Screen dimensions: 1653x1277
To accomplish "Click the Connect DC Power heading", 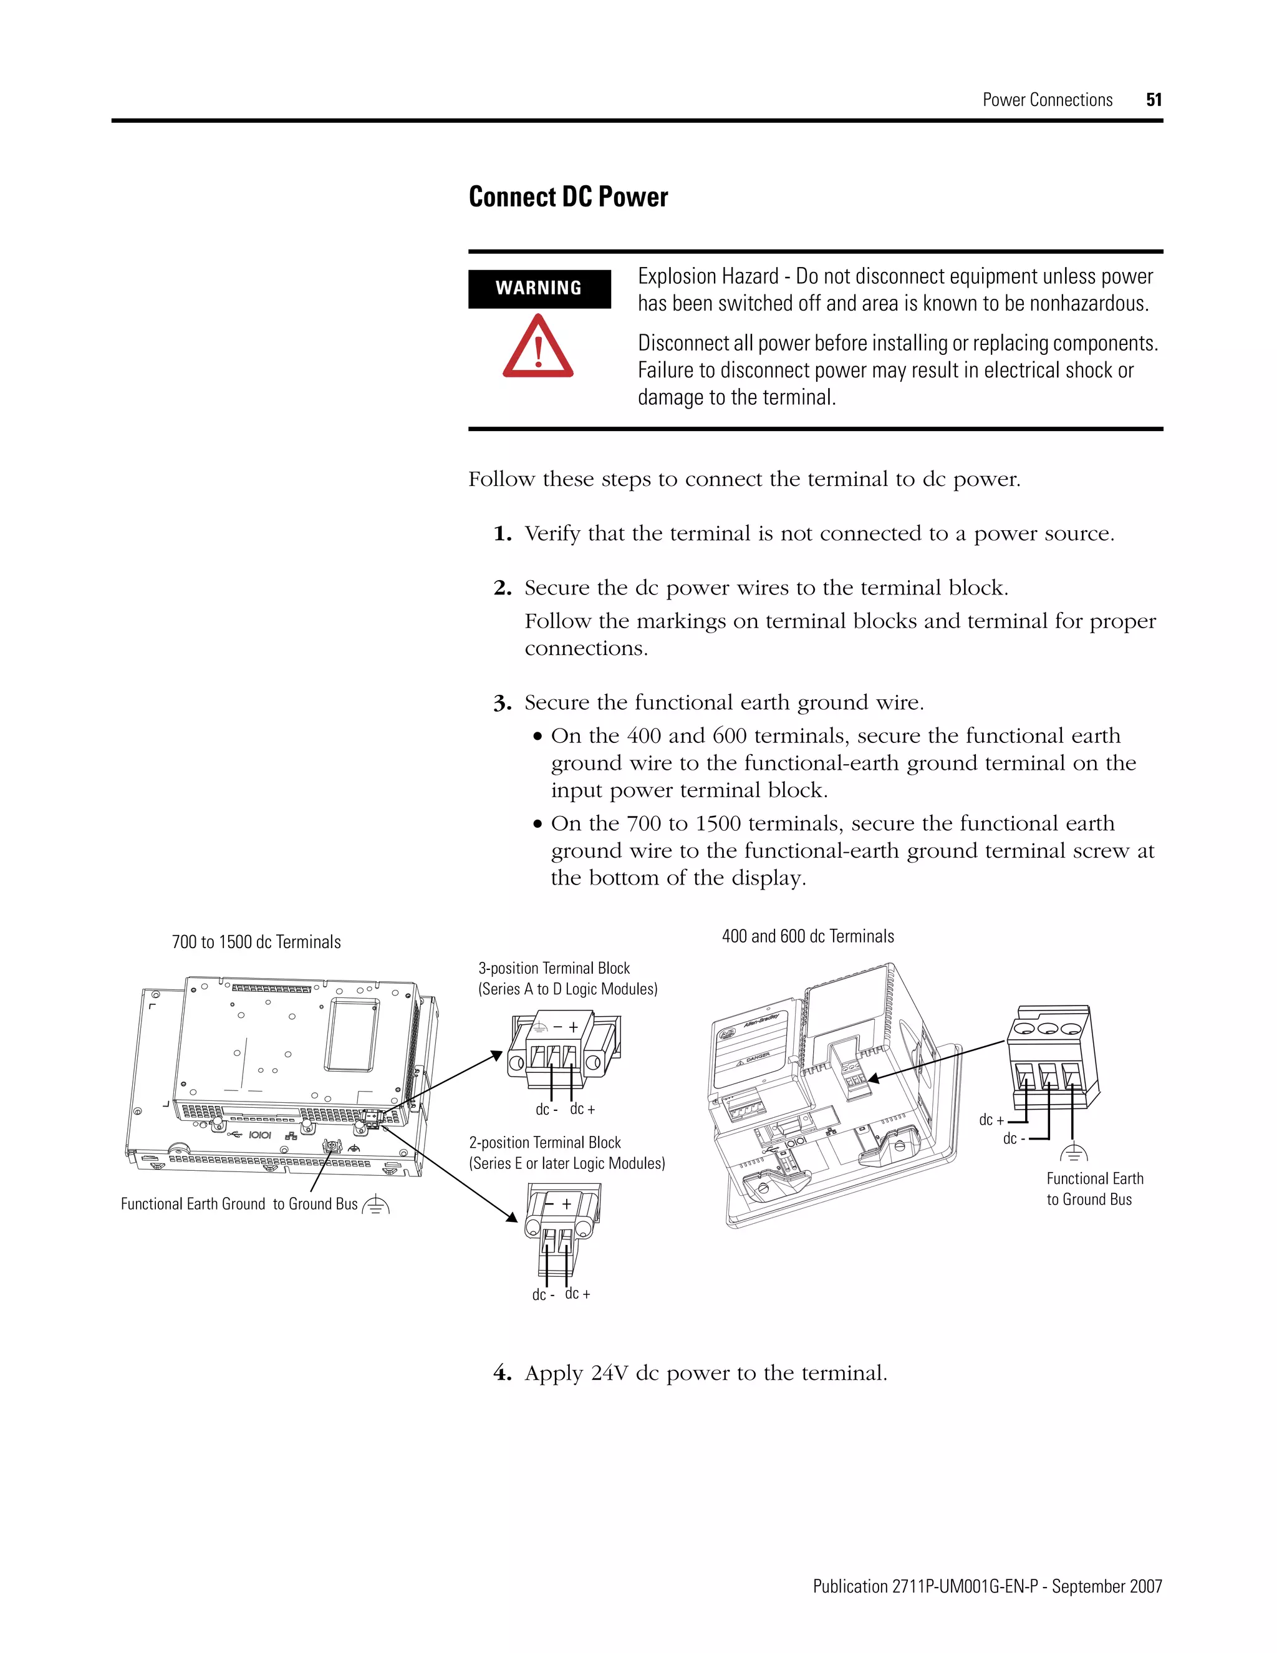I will click(x=568, y=196).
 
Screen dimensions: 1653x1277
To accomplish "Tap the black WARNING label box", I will click(x=539, y=288).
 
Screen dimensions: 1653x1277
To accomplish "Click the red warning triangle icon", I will click(x=538, y=347).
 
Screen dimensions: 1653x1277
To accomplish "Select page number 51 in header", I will click(x=1153, y=100).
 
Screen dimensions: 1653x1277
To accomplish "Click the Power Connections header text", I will click(x=1047, y=100).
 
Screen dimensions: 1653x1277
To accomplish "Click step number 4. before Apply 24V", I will click(x=503, y=1373).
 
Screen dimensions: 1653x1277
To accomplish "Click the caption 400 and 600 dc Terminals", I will click(x=807, y=936).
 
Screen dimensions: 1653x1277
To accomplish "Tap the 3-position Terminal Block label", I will click(x=554, y=969).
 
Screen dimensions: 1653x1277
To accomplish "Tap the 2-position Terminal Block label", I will click(x=545, y=1143).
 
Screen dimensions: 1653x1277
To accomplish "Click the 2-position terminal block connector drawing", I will click(x=560, y=1219).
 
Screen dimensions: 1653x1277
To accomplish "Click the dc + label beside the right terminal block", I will click(x=991, y=1120).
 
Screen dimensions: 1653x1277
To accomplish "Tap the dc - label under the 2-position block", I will click(x=542, y=1295).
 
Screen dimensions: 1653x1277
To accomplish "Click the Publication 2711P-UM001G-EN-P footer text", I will click(x=987, y=1586).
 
